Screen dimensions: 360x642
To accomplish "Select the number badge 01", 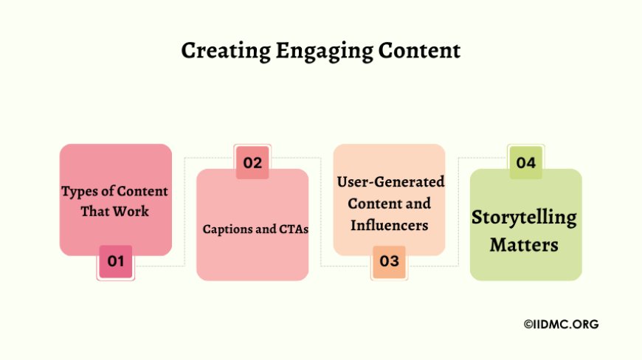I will pos(115,261).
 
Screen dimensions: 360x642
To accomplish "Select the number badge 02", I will pos(252,163).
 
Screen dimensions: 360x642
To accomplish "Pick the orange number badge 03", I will pos(389,261).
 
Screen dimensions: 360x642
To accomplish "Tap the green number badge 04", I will pos(525,163).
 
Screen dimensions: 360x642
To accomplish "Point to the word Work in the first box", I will pos(133,212).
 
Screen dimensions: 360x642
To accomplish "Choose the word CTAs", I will pos(293,229).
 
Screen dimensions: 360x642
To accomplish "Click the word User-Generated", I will pos(390,181).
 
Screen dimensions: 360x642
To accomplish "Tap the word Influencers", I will pos(389,225).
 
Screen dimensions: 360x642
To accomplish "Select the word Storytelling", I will pos(524,218).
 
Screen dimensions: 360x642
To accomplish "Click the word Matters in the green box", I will pos(525,244).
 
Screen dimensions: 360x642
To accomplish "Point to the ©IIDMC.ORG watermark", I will pos(561,324).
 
